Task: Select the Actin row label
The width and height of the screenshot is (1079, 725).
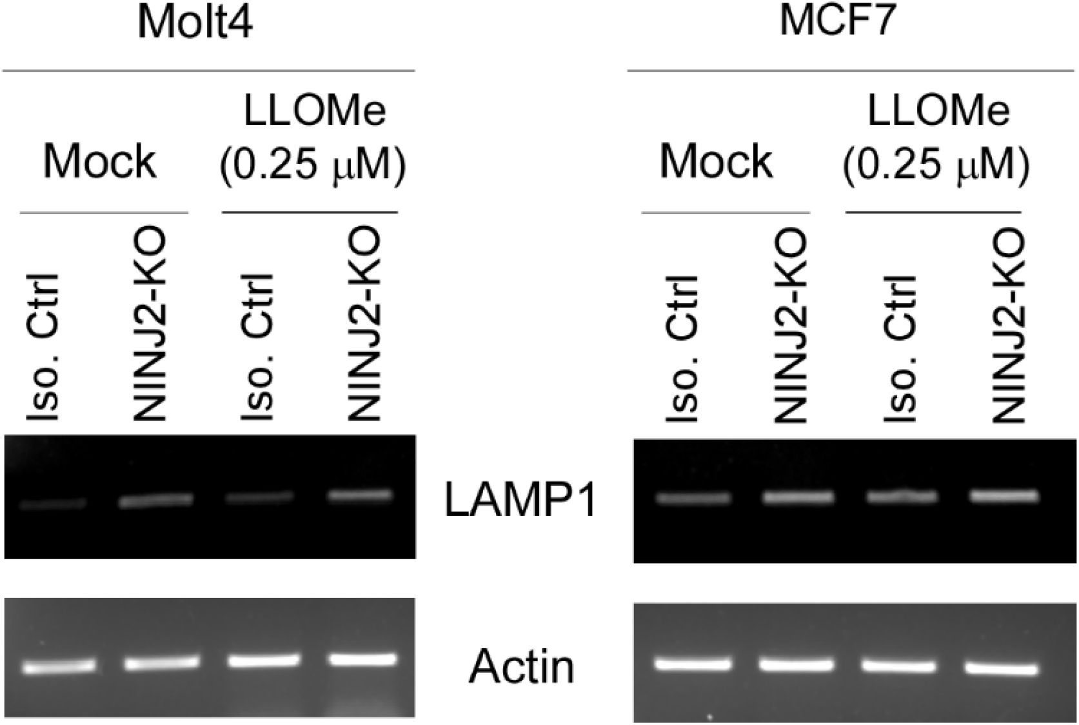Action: click(521, 666)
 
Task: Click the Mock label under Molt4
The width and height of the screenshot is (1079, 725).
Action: click(100, 161)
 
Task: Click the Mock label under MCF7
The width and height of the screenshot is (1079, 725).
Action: click(716, 161)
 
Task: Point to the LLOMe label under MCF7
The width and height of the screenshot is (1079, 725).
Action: click(938, 111)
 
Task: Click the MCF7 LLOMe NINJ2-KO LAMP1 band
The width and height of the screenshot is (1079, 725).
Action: click(1004, 496)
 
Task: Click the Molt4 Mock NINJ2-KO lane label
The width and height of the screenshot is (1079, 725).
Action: click(150, 326)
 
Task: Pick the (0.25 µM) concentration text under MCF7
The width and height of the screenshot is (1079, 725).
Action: click(936, 165)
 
